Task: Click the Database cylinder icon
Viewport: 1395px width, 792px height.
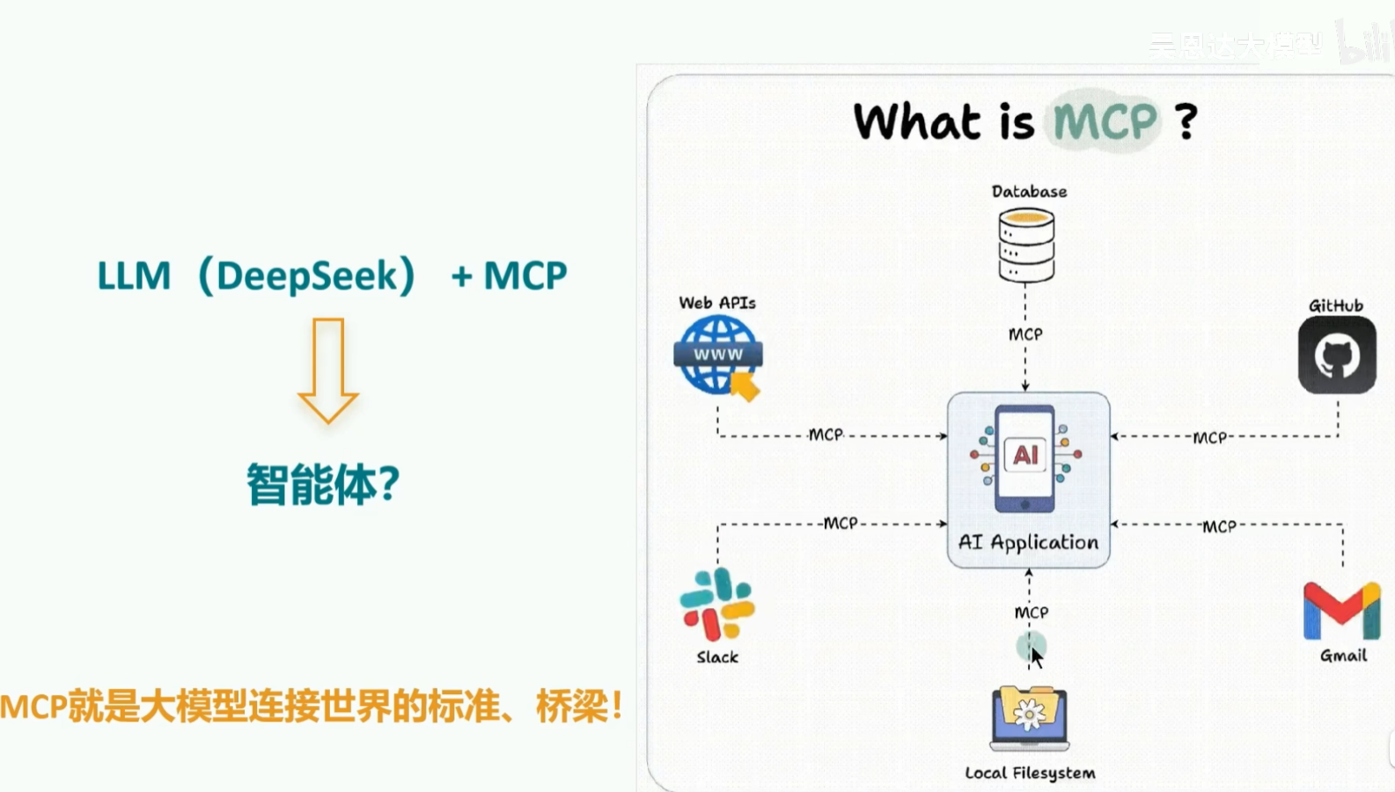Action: tap(1026, 245)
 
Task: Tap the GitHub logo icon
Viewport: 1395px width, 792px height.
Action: tap(1337, 355)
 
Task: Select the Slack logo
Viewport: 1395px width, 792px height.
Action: tap(717, 604)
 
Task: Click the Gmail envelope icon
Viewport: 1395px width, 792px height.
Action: tap(1342, 610)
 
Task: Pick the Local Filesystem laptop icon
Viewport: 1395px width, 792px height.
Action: tap(1029, 717)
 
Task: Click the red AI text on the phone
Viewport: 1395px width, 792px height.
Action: tap(1025, 455)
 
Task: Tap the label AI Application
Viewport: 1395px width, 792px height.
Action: tap(1028, 542)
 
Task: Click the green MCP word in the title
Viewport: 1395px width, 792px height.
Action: tap(1105, 121)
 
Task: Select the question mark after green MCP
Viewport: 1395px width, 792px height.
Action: tap(1186, 121)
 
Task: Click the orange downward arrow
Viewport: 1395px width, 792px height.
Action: tap(328, 370)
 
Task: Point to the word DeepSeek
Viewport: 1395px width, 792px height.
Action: tap(307, 276)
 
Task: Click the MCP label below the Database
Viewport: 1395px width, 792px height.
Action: tap(1025, 334)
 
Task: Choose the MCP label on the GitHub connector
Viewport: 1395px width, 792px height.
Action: tap(1209, 437)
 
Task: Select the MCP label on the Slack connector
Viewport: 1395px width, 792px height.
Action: tap(841, 523)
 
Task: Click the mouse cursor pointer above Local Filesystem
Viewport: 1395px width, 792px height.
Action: tap(1037, 656)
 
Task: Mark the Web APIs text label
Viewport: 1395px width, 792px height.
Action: tap(717, 303)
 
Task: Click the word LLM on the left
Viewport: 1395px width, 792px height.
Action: tap(134, 276)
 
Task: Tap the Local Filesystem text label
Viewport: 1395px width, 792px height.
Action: tap(1030, 773)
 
